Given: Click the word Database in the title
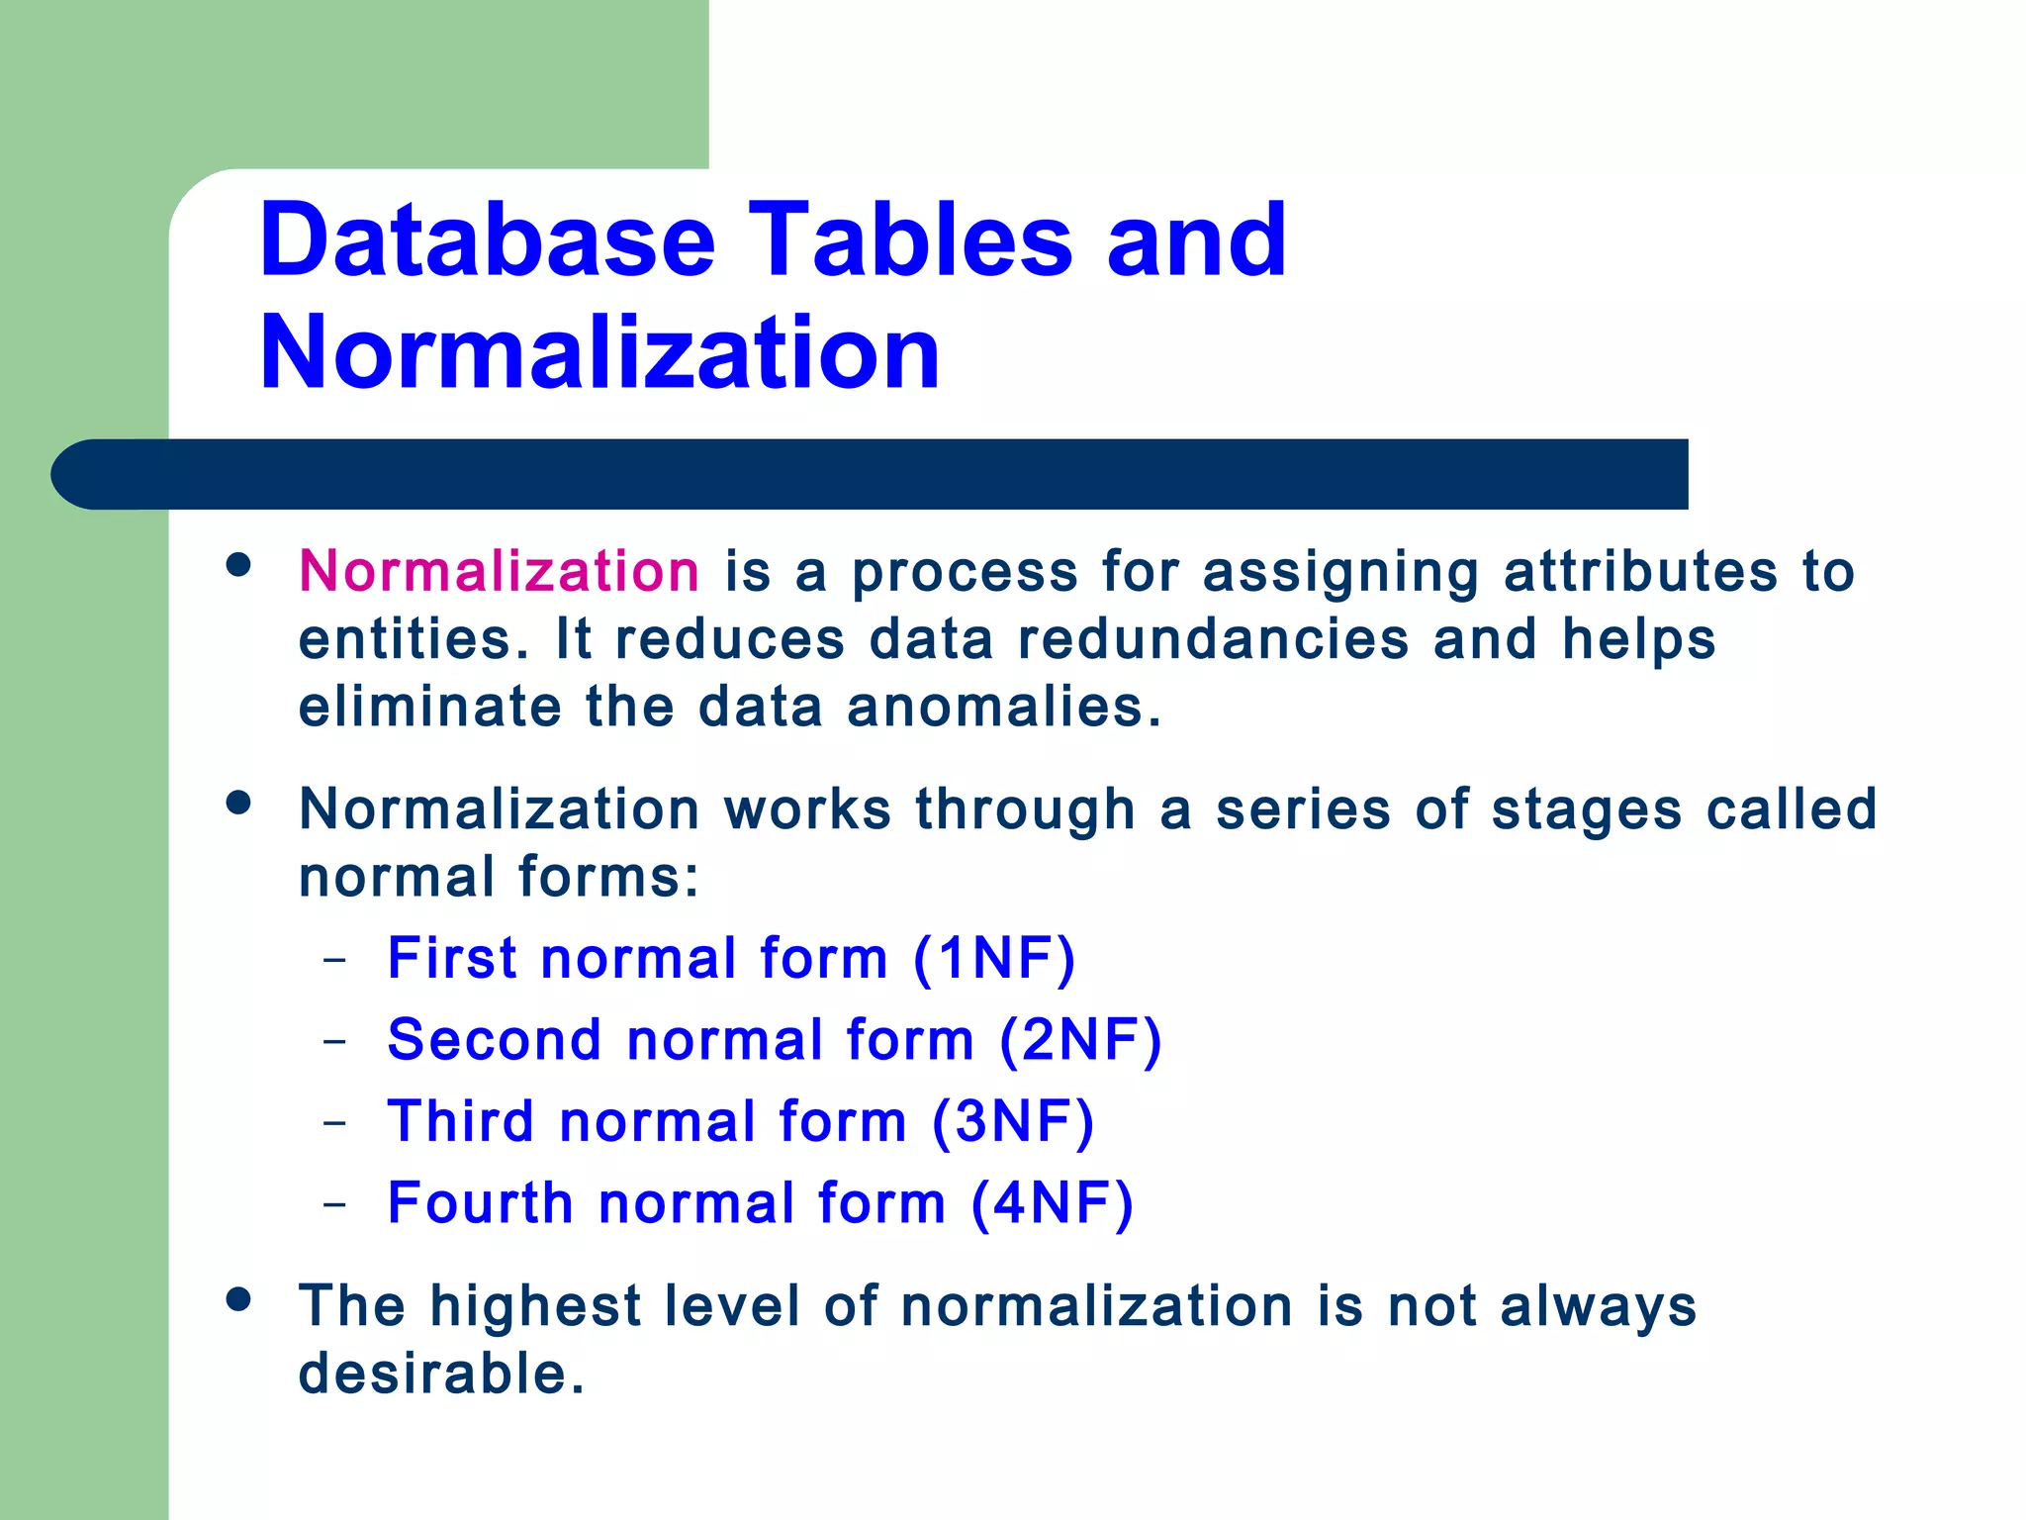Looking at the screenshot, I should click(x=487, y=240).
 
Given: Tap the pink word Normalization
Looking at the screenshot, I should click(x=500, y=571).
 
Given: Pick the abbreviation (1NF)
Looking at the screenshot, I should click(x=993, y=958).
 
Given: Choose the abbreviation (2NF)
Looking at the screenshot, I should click(x=1080, y=1040).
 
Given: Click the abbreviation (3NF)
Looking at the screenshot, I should click(x=1012, y=1121).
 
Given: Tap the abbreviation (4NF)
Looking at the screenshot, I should click(x=1052, y=1203).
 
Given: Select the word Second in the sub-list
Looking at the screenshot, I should click(x=495, y=1040).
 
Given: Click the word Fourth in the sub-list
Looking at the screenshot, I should click(x=481, y=1203).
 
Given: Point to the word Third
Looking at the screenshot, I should click(x=461, y=1121).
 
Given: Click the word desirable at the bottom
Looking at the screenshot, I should click(x=441, y=1374).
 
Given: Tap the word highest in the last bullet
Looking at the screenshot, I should click(x=535, y=1306).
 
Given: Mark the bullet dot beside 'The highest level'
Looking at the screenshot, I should click(x=237, y=1298).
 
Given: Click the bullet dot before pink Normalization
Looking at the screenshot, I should click(x=237, y=564).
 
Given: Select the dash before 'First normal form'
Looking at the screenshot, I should click(x=335, y=960).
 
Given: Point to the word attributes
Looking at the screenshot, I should click(x=1640, y=571).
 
